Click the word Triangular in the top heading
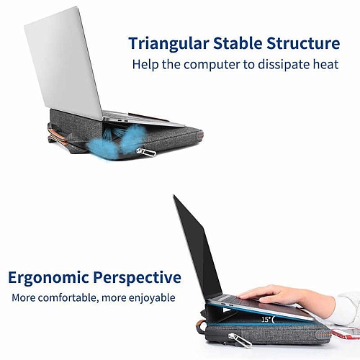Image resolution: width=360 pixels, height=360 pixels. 168,44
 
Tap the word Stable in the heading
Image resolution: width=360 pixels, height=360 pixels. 238,43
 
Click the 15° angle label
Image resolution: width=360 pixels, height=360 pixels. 267,320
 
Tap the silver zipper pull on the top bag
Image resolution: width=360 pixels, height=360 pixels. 146,152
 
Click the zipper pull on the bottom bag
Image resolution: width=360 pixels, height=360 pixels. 239,340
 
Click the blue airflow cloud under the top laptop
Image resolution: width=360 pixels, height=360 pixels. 113,140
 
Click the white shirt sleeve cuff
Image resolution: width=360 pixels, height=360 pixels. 347,310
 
